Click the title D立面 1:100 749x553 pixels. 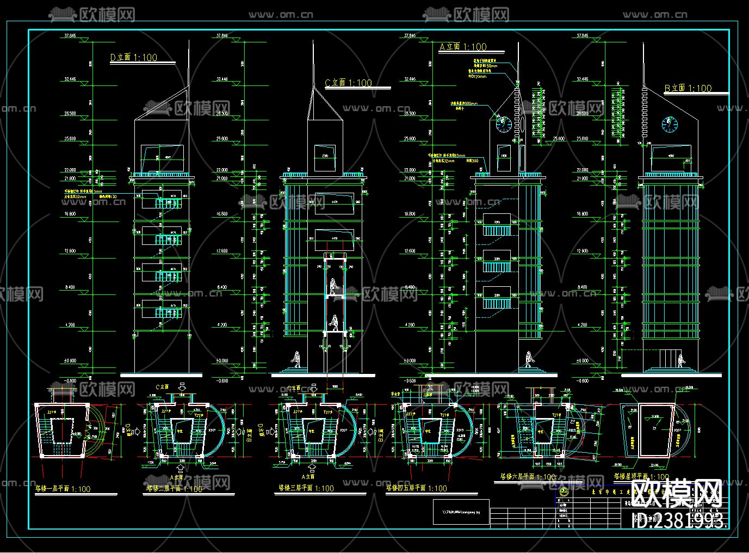pyautogui.click(x=134, y=58)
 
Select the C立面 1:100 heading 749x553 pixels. pyautogui.click(x=348, y=83)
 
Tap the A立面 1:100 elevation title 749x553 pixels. pyautogui.click(x=463, y=47)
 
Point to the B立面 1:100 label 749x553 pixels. pyautogui.click(x=688, y=88)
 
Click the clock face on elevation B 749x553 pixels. pyautogui.click(x=670, y=124)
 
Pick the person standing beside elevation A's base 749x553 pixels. pyautogui.click(x=529, y=359)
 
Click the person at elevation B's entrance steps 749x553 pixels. pyautogui.click(x=680, y=360)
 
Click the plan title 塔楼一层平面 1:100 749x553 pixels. pyautogui.click(x=63, y=489)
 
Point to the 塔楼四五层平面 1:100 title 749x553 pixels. pyautogui.click(x=416, y=488)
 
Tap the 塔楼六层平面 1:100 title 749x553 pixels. pyautogui.click(x=528, y=477)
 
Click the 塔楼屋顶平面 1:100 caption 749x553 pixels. pyautogui.click(x=641, y=477)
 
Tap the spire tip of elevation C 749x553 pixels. pyautogui.click(x=313, y=42)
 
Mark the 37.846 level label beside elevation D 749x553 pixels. pyautogui.click(x=70, y=36)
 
